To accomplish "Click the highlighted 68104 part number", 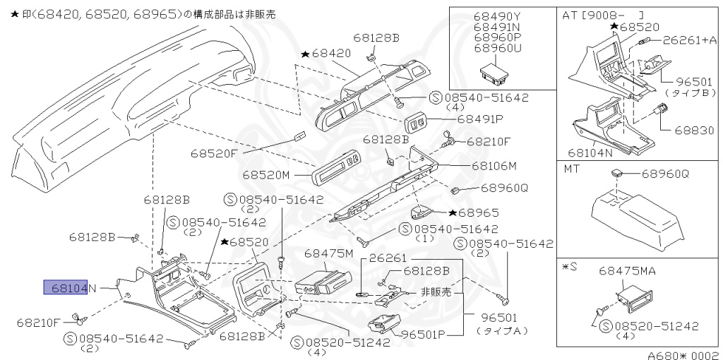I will [x=66, y=287].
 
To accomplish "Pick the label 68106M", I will [x=494, y=166].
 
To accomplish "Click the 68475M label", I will [x=328, y=253].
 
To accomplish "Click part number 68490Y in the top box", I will [x=498, y=16].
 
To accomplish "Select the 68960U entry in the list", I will [x=498, y=48].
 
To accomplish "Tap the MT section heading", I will [x=572, y=169].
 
